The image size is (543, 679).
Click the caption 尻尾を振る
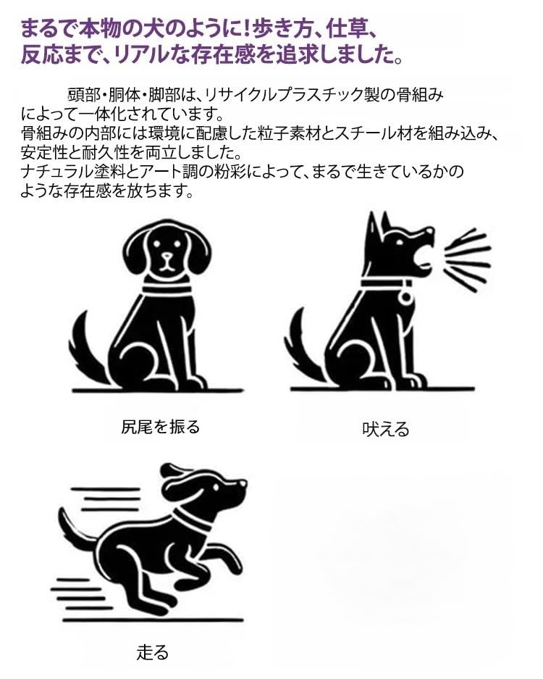click(x=160, y=427)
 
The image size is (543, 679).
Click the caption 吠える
click(x=385, y=429)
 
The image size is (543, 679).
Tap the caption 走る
click(x=152, y=651)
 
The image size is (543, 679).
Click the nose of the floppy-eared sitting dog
click(x=167, y=257)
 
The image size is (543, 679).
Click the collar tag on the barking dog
click(x=406, y=296)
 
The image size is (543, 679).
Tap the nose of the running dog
click(x=243, y=484)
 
